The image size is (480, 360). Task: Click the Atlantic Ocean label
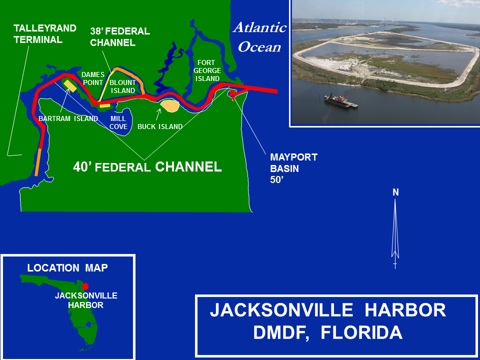point(260,37)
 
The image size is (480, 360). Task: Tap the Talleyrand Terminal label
point(45,33)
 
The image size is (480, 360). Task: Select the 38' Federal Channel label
point(120,36)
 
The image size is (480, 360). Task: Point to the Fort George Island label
point(207,70)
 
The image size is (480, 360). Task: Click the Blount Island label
point(123,86)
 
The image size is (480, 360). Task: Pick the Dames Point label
point(93,78)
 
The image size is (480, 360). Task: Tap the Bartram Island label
point(68,118)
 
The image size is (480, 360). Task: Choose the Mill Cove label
point(118,122)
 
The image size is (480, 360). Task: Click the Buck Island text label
point(160,126)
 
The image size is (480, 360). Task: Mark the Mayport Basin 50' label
point(293,168)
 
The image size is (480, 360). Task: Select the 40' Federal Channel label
point(147,167)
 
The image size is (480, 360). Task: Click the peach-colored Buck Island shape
point(170,105)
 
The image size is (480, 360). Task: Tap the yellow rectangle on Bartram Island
point(70,85)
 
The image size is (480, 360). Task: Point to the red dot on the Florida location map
point(85,286)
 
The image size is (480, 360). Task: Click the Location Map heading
point(67,268)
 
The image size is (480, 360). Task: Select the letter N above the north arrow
point(395,192)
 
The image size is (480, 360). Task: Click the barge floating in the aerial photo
point(340,100)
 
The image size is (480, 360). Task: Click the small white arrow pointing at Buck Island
point(158,114)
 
